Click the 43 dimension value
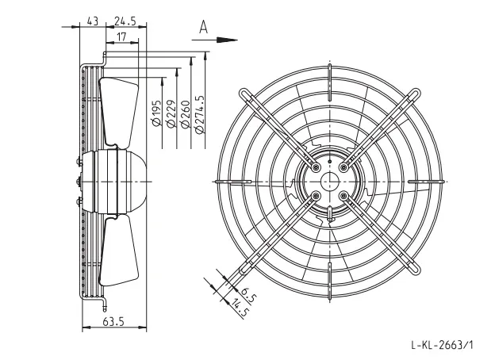coord(93,21)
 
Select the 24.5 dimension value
coord(125,21)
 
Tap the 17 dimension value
coord(121,37)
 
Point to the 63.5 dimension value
coord(113,322)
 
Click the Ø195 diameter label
coord(156,113)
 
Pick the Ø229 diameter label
coord(171,114)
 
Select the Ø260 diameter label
coord(186,114)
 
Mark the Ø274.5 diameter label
coord(200,114)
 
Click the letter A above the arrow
coord(204,27)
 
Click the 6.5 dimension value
coord(248,295)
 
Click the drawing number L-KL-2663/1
coord(443,345)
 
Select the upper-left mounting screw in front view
coord(316,167)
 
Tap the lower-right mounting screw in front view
coord(343,196)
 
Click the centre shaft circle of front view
coord(329,182)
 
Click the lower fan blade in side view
coord(119,251)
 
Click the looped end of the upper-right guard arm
coord(416,94)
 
